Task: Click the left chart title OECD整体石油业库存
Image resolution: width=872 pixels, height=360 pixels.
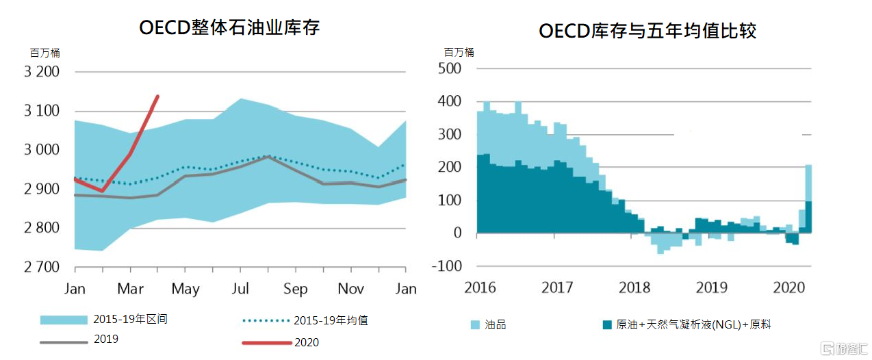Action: [229, 28]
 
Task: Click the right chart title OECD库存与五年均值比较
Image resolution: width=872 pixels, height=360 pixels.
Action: [647, 31]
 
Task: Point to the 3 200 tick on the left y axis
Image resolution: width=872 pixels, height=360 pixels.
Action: [42, 72]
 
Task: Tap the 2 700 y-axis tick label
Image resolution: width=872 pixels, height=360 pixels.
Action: [42, 267]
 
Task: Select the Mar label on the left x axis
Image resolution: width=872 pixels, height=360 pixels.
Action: [130, 289]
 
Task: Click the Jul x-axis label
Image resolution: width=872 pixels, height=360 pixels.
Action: [240, 289]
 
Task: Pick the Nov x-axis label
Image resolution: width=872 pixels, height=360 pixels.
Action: [350, 289]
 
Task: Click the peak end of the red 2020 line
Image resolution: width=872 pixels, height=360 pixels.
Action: [158, 97]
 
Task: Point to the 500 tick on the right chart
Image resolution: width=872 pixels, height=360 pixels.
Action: [450, 68]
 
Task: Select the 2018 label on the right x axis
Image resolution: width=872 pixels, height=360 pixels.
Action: [634, 287]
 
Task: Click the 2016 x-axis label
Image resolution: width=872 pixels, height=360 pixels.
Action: [479, 287]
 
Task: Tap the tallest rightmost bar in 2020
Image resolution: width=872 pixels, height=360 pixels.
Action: [808, 198]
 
